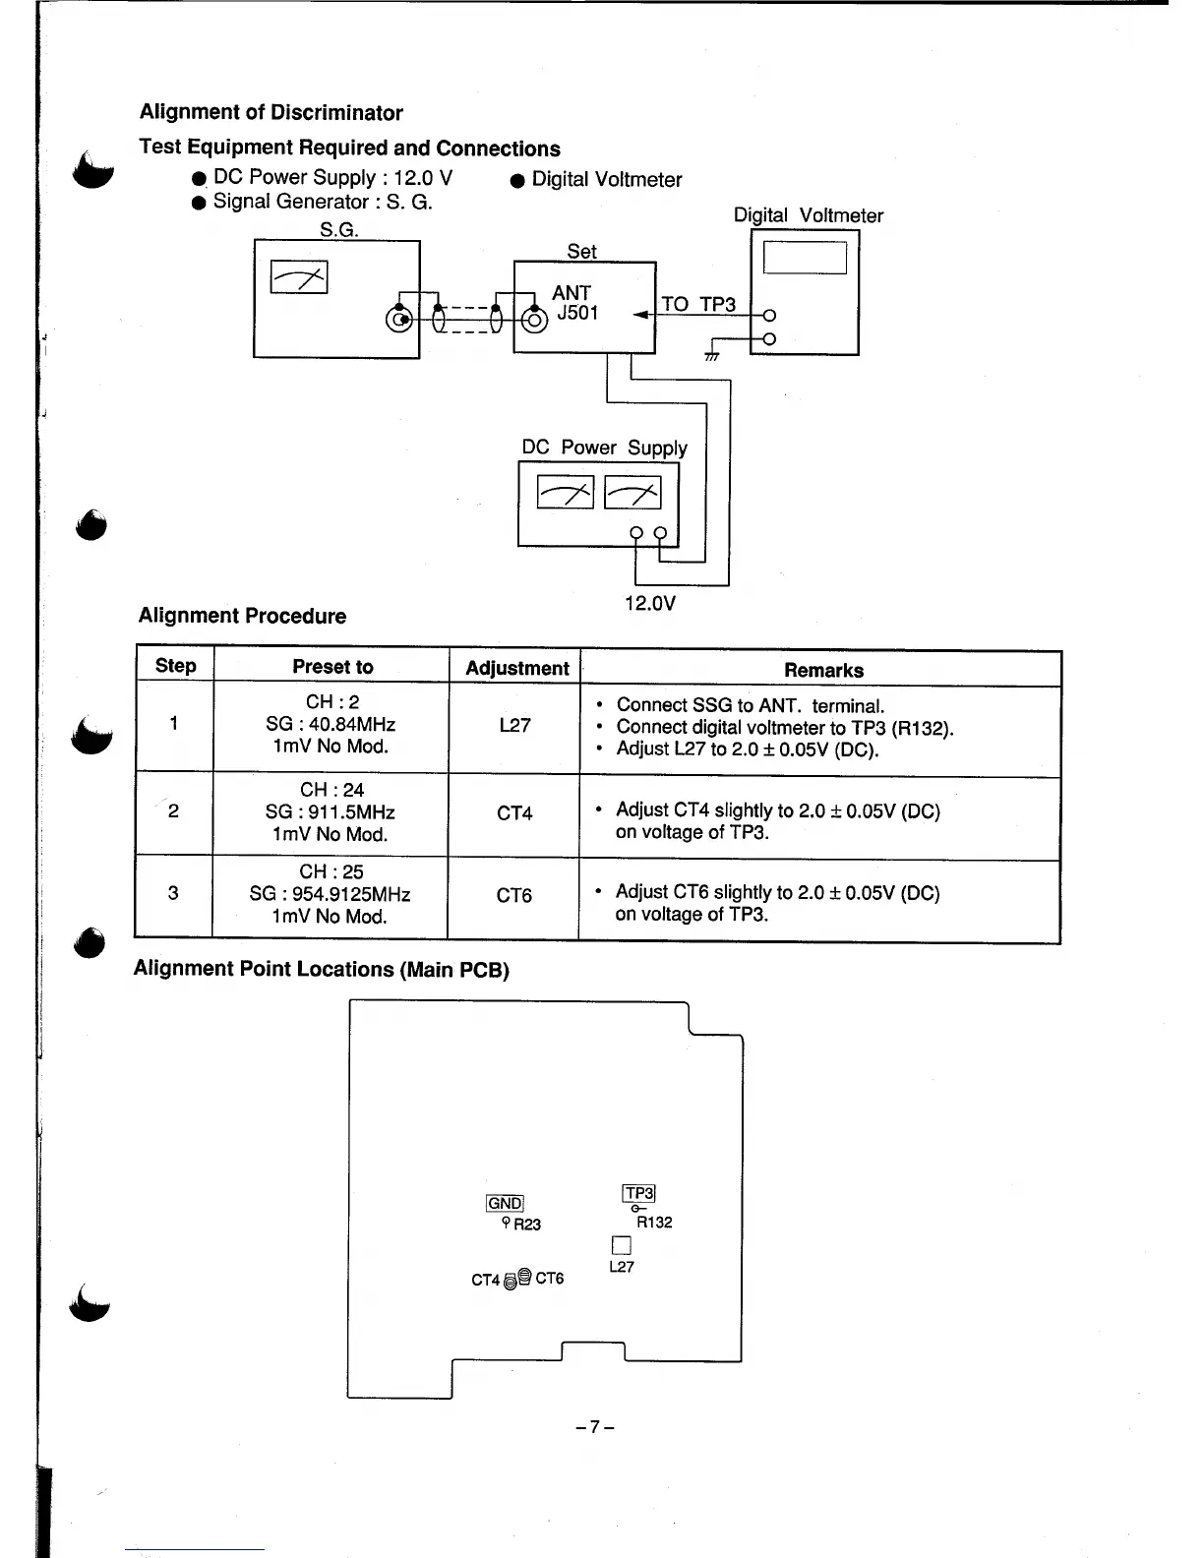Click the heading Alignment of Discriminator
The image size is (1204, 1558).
tap(271, 113)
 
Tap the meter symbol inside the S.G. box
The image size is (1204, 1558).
tap(299, 278)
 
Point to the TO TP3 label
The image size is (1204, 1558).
tap(698, 304)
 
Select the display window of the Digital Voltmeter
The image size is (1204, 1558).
tap(805, 258)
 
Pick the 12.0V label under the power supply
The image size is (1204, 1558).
tap(650, 603)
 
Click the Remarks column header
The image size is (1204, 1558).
tap(823, 670)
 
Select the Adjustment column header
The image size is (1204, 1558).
tap(516, 669)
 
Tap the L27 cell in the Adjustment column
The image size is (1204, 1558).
tap(514, 726)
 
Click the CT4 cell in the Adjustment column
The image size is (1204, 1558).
tap(514, 813)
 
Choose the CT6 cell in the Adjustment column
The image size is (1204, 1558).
tap(513, 895)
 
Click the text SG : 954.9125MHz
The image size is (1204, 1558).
tap(330, 894)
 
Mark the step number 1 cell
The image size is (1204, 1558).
tap(173, 724)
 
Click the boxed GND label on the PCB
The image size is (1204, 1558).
tap(505, 1203)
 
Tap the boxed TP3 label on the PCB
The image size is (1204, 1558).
tap(638, 1193)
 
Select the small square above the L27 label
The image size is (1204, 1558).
tap(621, 1244)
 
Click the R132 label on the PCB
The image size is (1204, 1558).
tap(654, 1223)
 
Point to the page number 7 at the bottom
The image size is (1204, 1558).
tap(595, 1426)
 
